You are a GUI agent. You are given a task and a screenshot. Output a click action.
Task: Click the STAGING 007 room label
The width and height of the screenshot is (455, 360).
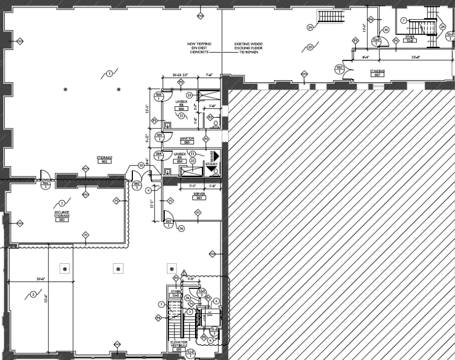(x=377, y=72)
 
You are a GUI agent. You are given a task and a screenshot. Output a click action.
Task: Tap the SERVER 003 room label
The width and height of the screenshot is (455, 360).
(x=200, y=196)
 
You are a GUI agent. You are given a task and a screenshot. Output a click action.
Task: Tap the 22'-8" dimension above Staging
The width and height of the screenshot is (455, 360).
(x=416, y=57)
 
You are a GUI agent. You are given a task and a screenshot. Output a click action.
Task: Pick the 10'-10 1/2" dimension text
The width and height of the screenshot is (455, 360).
(x=174, y=75)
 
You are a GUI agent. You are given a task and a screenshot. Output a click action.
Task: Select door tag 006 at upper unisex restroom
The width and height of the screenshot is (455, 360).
(x=158, y=96)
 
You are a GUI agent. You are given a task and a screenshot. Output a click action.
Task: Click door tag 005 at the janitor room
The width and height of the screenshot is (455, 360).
(x=158, y=136)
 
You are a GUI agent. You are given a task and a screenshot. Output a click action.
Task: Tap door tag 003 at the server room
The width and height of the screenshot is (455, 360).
(x=168, y=221)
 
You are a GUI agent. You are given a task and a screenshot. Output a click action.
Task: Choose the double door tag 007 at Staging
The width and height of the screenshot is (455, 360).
(x=339, y=68)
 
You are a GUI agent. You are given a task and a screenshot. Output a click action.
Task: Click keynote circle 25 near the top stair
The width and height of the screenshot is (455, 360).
(x=310, y=47)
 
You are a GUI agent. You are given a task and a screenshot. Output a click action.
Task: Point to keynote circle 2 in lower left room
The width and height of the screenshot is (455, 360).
(x=33, y=294)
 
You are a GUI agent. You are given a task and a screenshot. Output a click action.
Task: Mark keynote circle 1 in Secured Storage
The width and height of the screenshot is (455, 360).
(x=62, y=203)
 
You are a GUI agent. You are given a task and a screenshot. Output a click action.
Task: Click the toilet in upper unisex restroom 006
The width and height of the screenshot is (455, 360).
(x=216, y=123)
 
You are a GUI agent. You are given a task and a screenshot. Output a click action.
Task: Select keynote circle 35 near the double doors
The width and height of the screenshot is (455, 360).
(x=141, y=166)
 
